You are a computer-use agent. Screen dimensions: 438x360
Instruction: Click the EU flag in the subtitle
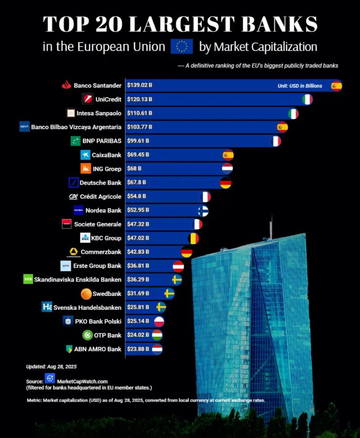click(182, 46)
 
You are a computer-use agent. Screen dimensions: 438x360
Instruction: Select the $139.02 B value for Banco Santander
click(139, 85)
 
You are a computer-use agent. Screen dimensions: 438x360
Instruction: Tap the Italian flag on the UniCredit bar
click(307, 99)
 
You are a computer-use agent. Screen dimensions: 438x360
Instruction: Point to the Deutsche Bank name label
click(100, 183)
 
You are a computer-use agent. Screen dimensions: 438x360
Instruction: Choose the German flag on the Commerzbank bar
click(186, 252)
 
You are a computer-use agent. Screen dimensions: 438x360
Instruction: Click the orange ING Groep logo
click(85, 169)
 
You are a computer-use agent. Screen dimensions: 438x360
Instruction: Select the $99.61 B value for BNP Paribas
click(138, 141)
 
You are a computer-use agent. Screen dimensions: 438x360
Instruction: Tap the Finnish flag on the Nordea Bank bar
click(203, 210)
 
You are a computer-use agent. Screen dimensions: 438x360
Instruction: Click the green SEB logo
click(28, 279)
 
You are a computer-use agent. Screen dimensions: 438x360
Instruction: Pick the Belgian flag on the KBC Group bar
click(193, 238)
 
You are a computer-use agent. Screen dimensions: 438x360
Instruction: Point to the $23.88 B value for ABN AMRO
click(138, 349)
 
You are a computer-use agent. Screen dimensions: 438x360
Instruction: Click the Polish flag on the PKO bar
click(159, 322)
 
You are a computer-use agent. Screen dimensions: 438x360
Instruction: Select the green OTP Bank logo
click(87, 335)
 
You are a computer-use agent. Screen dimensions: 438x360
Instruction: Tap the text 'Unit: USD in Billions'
click(300, 86)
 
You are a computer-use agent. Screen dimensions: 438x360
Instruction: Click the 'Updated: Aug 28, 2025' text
click(51, 366)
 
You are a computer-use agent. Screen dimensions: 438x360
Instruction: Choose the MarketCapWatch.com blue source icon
click(49, 378)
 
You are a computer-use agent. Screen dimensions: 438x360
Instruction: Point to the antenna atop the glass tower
click(271, 227)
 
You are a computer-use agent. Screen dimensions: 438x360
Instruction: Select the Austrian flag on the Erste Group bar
click(178, 266)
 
